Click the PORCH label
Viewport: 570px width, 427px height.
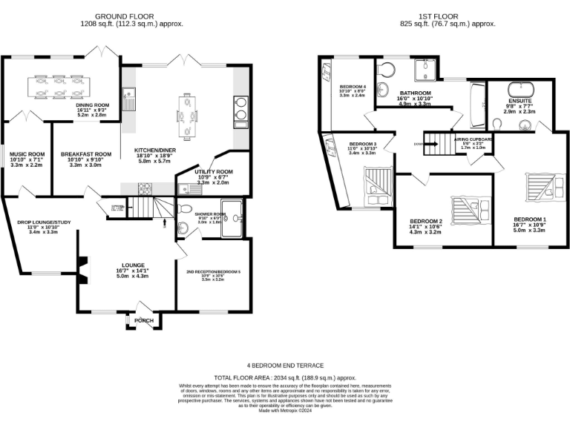(145, 320)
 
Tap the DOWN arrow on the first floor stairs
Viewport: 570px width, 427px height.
(419, 145)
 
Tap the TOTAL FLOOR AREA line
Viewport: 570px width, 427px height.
(284, 377)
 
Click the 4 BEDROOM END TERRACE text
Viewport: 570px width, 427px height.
(284, 365)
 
